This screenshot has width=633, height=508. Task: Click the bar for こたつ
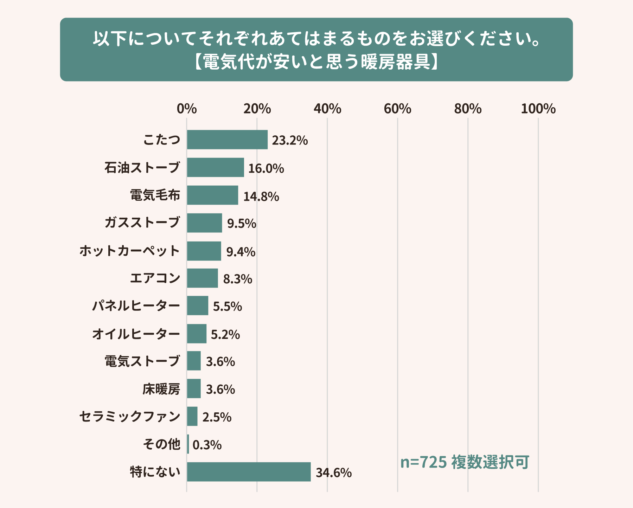[227, 140]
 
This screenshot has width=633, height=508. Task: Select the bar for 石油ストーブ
[215, 167]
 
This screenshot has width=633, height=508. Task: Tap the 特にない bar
[249, 472]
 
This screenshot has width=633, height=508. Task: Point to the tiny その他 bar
[188, 444]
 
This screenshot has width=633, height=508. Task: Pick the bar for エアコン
[202, 278]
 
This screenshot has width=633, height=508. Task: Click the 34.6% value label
[333, 473]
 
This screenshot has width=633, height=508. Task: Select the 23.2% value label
[290, 141]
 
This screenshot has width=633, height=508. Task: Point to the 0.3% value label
[207, 445]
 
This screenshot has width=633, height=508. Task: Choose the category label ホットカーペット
[130, 251]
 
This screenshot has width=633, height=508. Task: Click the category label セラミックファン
[130, 417]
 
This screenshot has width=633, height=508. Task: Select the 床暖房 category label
[161, 389]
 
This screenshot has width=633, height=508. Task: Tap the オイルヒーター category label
[136, 334]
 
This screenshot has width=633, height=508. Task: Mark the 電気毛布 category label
[155, 195]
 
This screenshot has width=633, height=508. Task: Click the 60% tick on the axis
[397, 109]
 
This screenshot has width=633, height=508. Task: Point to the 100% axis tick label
[538, 109]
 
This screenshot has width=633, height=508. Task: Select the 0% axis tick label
[187, 109]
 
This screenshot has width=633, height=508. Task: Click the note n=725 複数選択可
[465, 462]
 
